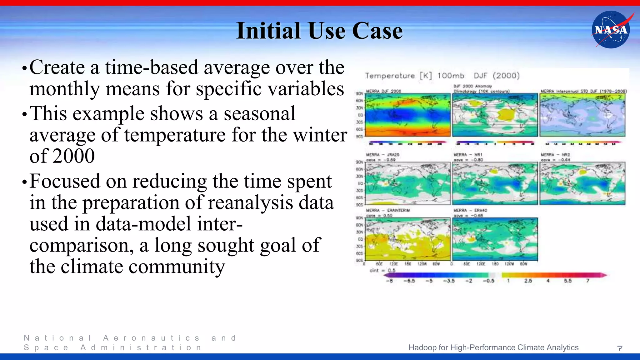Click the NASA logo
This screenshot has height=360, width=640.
[x=611, y=30]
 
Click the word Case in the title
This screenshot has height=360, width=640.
[x=377, y=31]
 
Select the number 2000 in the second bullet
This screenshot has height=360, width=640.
[x=74, y=156]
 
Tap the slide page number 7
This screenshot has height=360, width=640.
[x=620, y=348]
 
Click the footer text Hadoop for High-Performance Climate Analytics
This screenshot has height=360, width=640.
[x=493, y=347]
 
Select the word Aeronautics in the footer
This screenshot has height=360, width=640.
[x=151, y=338]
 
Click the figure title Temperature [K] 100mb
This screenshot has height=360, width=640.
[x=414, y=76]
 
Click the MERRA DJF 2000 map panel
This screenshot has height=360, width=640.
[x=408, y=115]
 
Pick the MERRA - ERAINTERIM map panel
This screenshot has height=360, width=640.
[x=408, y=239]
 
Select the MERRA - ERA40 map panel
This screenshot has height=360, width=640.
[x=495, y=239]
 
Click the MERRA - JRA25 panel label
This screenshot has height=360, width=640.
[x=382, y=155]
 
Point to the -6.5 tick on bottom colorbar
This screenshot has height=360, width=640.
[x=409, y=281]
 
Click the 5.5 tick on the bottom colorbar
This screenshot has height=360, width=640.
[x=567, y=281]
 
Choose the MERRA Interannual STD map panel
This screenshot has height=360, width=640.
[x=582, y=115]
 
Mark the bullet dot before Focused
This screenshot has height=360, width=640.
[x=25, y=182]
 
